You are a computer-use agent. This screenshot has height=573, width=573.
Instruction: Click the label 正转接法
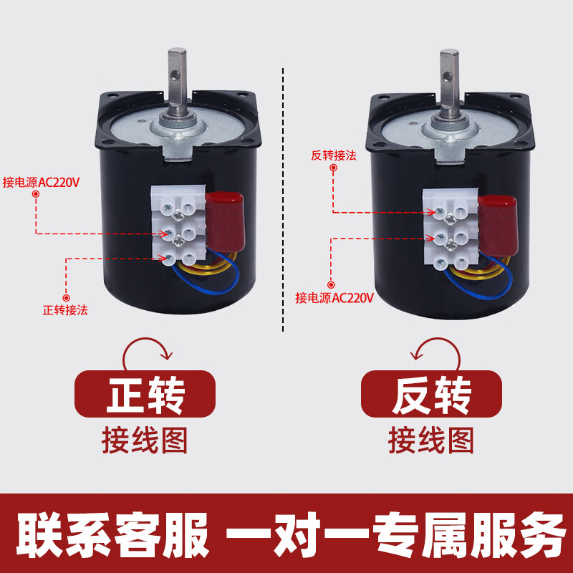[x=64, y=311]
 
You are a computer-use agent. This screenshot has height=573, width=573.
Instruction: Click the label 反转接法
[x=334, y=155]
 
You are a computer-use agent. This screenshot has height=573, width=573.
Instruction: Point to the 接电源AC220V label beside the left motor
[x=41, y=181]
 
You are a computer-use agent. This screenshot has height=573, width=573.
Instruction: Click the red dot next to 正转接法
[x=66, y=297]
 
